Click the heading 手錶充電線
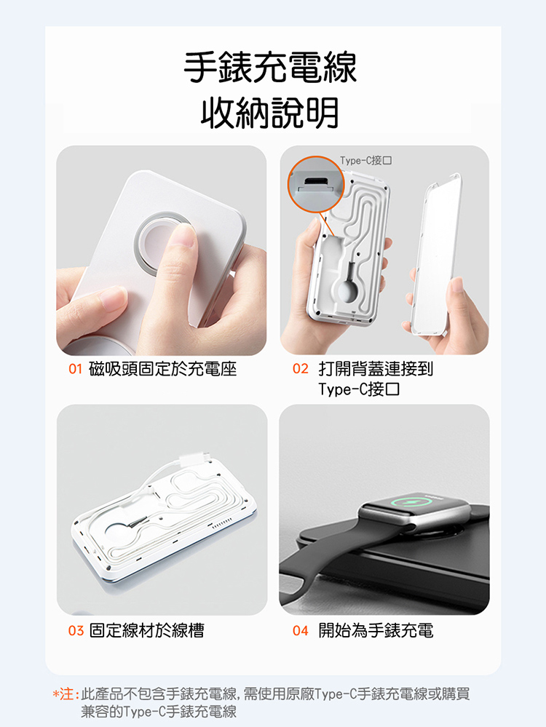pyautogui.click(x=270, y=68)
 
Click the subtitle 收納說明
pyautogui.click(x=270, y=113)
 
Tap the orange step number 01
pyautogui.click(x=75, y=369)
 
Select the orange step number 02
pyautogui.click(x=301, y=369)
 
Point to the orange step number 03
pyautogui.click(x=76, y=630)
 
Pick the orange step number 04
pyautogui.click(x=301, y=630)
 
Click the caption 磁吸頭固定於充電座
pyautogui.click(x=163, y=369)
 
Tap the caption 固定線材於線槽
pyautogui.click(x=146, y=630)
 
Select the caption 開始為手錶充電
pyautogui.click(x=376, y=630)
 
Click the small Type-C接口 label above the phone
pyautogui.click(x=366, y=160)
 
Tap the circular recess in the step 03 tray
pyautogui.click(x=122, y=535)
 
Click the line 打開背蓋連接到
pyautogui.click(x=376, y=369)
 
